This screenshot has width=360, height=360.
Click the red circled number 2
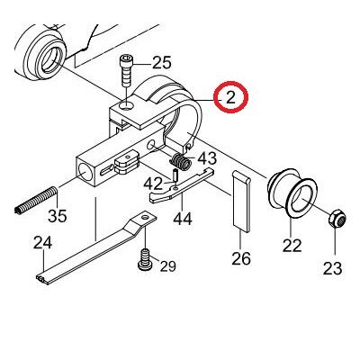click(x=230, y=97)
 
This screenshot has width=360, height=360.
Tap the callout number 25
click(x=162, y=63)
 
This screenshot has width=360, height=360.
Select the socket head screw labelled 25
click(x=125, y=70)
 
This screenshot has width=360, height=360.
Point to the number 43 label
click(x=207, y=158)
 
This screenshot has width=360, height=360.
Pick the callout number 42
click(x=153, y=184)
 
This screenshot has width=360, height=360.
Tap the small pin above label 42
click(x=175, y=175)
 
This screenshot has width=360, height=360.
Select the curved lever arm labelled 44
click(x=181, y=186)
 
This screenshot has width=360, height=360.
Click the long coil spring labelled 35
click(x=36, y=201)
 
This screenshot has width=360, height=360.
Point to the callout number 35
click(x=58, y=215)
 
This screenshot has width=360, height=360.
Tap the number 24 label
click(x=42, y=243)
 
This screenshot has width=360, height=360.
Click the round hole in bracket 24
click(x=145, y=217)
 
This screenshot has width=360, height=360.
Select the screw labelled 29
click(x=145, y=259)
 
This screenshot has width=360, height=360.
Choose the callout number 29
click(x=167, y=265)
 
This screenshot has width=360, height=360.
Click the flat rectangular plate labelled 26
click(x=241, y=202)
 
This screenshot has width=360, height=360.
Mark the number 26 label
click(x=241, y=258)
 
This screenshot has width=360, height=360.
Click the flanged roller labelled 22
click(x=292, y=193)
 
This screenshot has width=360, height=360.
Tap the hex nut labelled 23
click(x=337, y=220)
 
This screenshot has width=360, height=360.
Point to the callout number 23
click(x=332, y=268)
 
